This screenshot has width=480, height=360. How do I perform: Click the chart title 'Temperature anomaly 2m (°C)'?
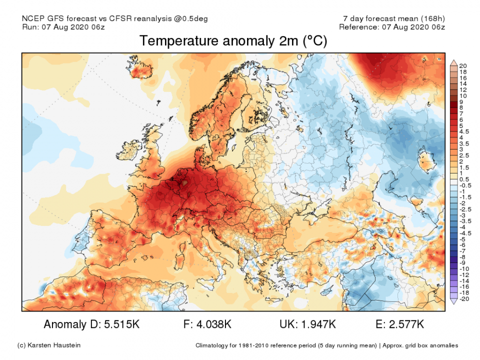click(233, 41)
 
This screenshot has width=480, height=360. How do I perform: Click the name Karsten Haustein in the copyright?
click(56, 345)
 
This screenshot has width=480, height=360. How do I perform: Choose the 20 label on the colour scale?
click(462, 66)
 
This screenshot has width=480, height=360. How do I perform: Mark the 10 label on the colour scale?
click(462, 95)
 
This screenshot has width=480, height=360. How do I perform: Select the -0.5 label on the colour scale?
click(463, 185)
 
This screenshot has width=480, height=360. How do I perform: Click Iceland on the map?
click(142, 71)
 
